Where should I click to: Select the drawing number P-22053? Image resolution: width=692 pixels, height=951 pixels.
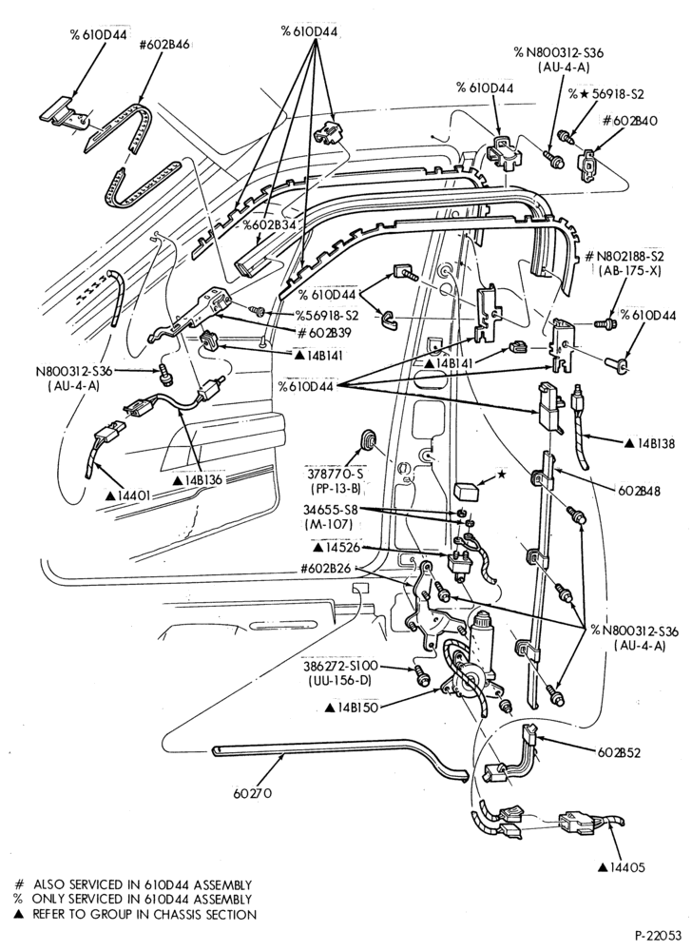coord(659,935)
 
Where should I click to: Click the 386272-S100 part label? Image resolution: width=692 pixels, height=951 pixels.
coord(339,666)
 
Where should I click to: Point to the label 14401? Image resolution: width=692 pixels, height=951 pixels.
coord(128,495)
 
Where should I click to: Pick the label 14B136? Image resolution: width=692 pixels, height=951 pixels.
coord(198,479)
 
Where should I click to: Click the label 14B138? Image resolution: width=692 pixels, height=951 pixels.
coord(649,443)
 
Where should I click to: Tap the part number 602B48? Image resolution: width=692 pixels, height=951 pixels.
coord(639,490)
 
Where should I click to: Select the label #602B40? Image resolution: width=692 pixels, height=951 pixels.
coord(629,120)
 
